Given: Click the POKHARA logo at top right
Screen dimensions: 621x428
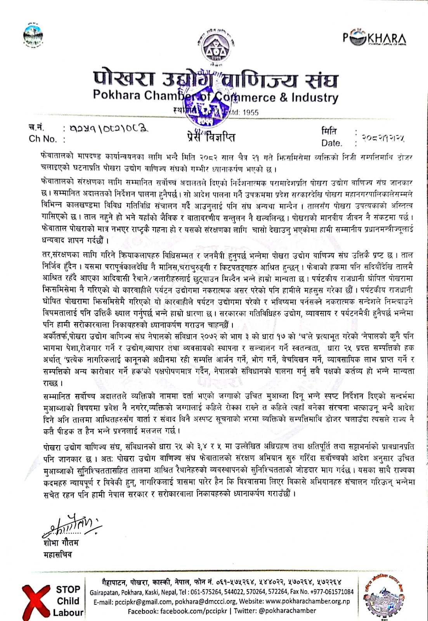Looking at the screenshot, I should click(374, 38).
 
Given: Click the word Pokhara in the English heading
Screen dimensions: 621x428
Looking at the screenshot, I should click(116, 95).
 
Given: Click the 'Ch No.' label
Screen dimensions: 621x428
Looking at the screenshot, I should click(42, 139).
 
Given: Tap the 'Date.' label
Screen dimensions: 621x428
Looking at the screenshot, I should click(332, 143).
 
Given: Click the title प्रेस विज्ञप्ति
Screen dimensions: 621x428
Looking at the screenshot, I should click(210, 136).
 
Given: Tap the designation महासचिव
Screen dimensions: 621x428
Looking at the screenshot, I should click(58, 555).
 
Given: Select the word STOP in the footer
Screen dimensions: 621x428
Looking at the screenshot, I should click(68, 590).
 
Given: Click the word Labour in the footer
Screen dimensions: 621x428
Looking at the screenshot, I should click(68, 613).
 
